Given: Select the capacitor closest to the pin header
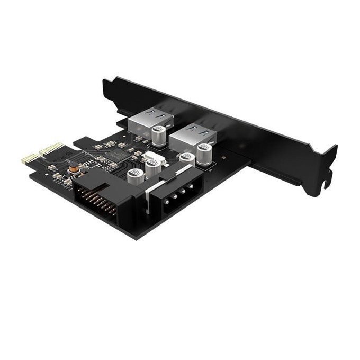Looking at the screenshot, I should [x=133, y=176].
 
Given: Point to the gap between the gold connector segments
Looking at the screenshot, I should [x=37, y=155].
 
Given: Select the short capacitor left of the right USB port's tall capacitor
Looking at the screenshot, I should [x=186, y=158].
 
